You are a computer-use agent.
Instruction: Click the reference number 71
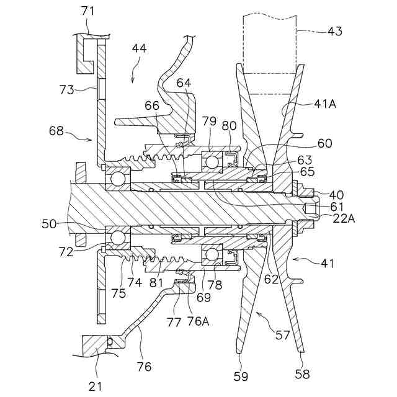coord(87,11)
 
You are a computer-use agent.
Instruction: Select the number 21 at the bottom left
coord(95,386)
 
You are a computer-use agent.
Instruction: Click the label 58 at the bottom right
coord(302,374)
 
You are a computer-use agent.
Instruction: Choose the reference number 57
coord(282,335)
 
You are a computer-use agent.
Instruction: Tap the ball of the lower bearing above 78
coord(213,255)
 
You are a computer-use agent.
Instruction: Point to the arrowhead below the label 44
coord(132,79)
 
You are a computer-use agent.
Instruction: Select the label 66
coord(153,105)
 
